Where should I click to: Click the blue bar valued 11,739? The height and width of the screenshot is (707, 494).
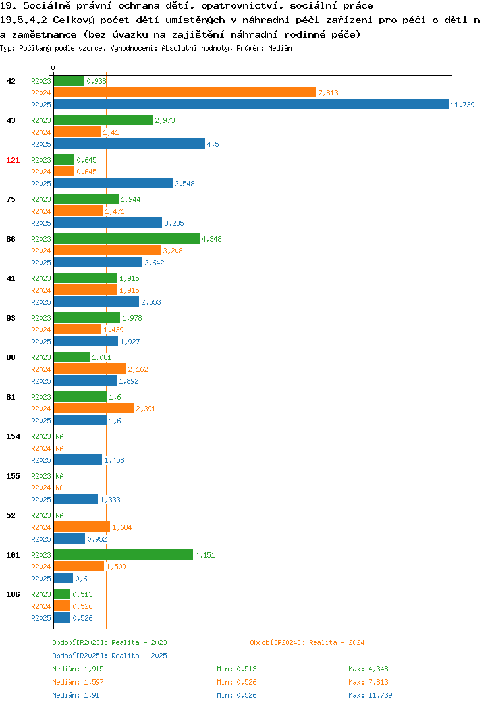252,104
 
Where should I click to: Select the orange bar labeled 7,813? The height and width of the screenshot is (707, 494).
185,92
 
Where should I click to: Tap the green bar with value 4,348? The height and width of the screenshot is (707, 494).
126,238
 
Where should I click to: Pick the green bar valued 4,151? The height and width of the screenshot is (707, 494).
124,554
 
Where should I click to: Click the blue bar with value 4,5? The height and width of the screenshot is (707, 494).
130,144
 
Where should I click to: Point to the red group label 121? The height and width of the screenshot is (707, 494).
13,160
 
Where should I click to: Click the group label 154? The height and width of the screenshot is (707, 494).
13,436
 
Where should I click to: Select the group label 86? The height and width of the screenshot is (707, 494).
11,239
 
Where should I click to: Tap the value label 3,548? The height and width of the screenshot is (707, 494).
185,184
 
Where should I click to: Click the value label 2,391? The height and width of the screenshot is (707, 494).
146,409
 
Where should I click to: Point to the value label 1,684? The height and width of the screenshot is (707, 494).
122,527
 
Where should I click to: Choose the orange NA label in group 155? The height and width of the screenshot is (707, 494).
59,488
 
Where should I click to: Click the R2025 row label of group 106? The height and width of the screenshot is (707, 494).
41,618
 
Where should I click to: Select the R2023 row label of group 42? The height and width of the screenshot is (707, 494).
41,81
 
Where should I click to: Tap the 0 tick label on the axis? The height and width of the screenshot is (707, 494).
53,68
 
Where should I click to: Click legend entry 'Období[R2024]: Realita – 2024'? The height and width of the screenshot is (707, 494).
307,642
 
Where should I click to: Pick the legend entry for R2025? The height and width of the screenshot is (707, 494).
109,656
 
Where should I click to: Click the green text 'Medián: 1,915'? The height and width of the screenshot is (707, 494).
78,669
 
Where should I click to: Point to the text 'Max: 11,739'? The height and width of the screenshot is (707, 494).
370,695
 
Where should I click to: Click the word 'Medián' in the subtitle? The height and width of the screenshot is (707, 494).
280,48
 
